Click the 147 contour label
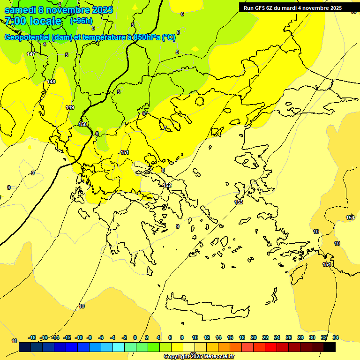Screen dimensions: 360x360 coord(31,54)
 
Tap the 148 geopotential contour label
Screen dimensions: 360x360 coord(51,82)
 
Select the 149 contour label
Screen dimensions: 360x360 coord(70,107)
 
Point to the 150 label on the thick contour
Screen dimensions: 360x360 coord(82,124)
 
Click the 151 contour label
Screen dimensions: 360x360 coord(125,152)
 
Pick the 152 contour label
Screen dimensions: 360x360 coord(167,185)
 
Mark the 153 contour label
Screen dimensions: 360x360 coord(239,202)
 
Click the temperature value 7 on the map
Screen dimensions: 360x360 coord(165,128)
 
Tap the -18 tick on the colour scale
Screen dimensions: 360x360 coord(32,337)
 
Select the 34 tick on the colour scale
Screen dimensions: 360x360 coord(336,337)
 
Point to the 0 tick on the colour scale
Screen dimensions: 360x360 coord(135,337)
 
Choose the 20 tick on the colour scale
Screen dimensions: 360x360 coord(253,337)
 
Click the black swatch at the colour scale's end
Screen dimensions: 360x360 coord(330,347)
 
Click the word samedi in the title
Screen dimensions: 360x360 coord(21,9)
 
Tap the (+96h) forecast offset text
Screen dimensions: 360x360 coord(81,21)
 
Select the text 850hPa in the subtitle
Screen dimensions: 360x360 coord(146,37)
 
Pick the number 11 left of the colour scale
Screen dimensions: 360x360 coord(14,341)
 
